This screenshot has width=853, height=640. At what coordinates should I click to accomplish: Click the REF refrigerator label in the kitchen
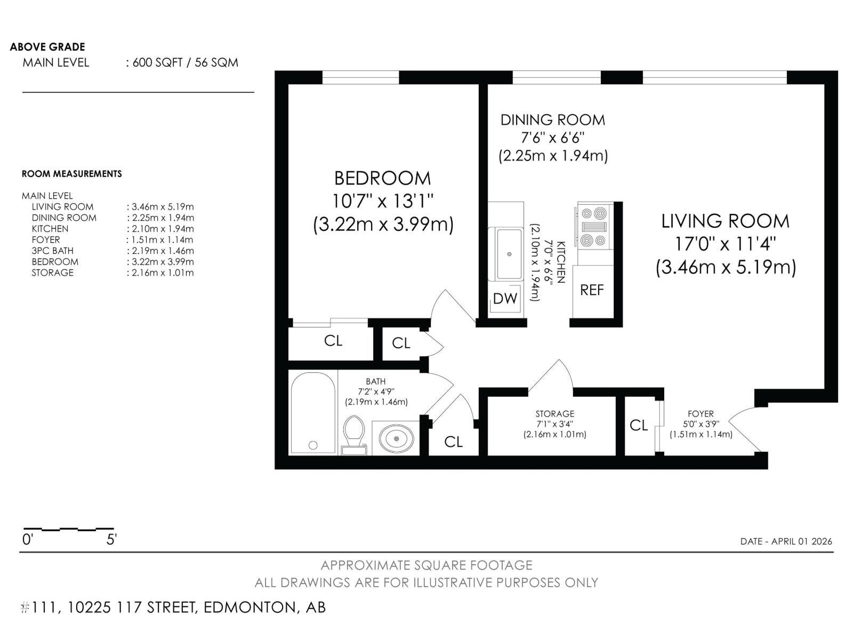pos(592,290)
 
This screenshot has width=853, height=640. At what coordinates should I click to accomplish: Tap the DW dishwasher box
pos(505,299)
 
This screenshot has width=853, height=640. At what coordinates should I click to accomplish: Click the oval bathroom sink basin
pos(397,438)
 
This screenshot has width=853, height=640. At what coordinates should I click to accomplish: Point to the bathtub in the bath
pos(313,413)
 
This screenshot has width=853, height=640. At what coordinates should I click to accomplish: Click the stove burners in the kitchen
pos(594,227)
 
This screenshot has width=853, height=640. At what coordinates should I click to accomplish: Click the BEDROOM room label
pos(382,178)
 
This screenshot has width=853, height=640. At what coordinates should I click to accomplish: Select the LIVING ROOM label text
pos(725,221)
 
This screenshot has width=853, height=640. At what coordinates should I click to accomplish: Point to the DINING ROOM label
pos(552,120)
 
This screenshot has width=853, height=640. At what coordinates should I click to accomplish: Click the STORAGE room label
pos(554,414)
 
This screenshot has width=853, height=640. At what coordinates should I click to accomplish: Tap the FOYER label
pos(701,414)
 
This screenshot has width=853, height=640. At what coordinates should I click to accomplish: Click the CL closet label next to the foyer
pos(639,425)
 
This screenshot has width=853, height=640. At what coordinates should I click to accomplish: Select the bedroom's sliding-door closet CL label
pos(333,340)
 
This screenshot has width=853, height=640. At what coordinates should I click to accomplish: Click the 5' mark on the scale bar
pos(111,539)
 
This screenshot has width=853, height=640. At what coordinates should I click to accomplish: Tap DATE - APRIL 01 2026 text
pos(786,541)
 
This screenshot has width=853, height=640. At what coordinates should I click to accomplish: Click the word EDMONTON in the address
pos(248,607)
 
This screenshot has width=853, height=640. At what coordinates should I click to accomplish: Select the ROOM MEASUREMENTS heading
pos(71,174)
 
